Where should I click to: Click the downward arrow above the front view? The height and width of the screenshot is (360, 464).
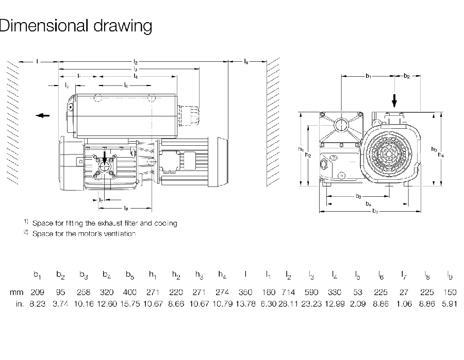click(x=395, y=99)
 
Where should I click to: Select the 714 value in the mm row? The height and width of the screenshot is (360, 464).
click(x=288, y=292)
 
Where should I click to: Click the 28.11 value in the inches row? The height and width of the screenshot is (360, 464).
click(x=288, y=304)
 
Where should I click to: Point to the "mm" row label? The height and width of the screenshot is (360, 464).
click(x=17, y=292)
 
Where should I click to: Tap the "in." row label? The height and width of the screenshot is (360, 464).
click(x=19, y=304)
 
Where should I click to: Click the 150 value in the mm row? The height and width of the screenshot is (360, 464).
click(x=450, y=292)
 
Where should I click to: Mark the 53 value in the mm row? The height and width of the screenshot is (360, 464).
click(x=358, y=292)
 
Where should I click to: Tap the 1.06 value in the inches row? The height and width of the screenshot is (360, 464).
click(x=404, y=304)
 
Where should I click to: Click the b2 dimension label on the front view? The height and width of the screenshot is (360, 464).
click(x=407, y=76)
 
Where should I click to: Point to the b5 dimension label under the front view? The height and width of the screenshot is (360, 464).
click(x=375, y=211)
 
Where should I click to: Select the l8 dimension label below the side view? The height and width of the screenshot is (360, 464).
click(x=126, y=208)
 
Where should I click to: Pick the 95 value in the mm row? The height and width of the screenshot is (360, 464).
click(x=61, y=292)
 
